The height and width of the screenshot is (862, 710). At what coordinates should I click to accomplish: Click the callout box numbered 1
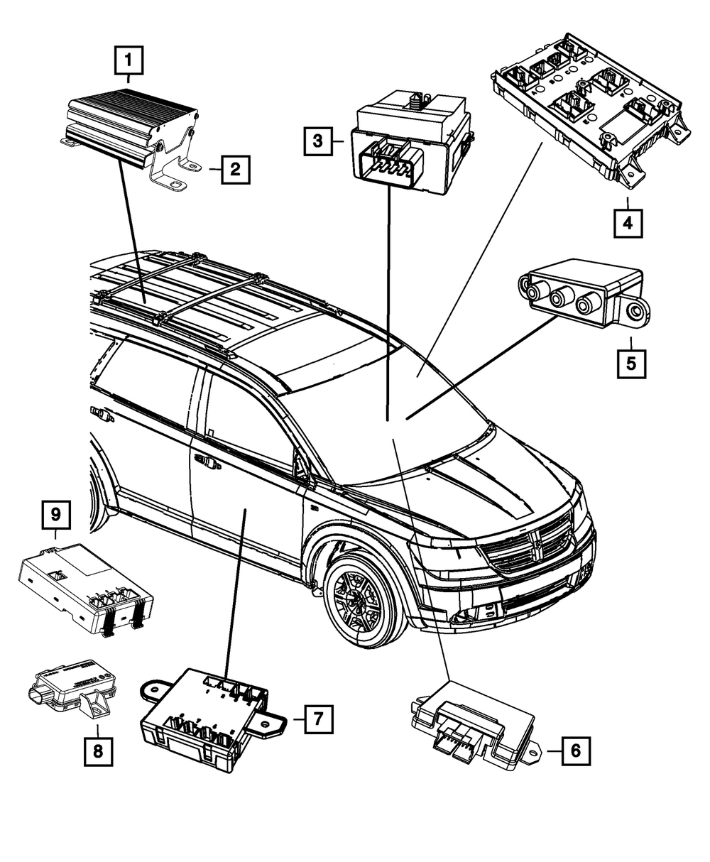(129, 61)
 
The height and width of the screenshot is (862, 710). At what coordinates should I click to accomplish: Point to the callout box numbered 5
(630, 364)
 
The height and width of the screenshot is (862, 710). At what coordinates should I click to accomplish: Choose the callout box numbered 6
(576, 749)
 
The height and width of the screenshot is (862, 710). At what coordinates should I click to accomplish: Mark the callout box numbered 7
(317, 719)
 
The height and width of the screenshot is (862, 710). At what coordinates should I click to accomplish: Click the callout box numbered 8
(98, 751)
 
